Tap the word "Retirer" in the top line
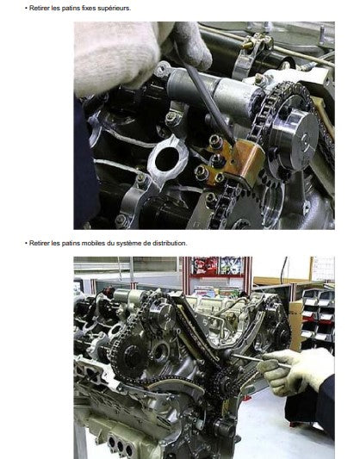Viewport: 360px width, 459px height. point(40,9)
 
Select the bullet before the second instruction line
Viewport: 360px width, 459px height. point(26,243)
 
